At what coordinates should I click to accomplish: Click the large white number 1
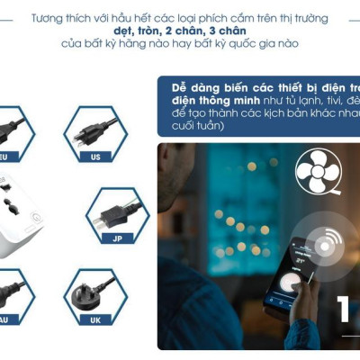pyautogui.click(x=346, y=311)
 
